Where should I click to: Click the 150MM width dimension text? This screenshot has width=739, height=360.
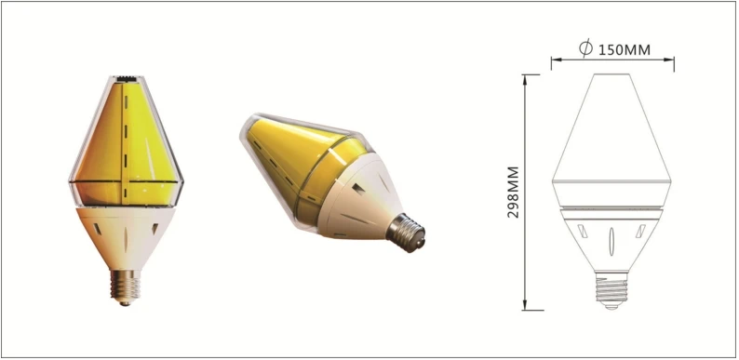(x=625, y=49)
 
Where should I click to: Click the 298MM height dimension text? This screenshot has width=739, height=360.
(x=513, y=192)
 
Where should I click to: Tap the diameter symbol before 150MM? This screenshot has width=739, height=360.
(x=585, y=48)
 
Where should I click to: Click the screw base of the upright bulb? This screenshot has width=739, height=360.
(x=125, y=287)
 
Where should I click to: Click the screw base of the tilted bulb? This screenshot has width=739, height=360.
(x=406, y=232)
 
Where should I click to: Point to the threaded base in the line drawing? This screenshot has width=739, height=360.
(x=611, y=291)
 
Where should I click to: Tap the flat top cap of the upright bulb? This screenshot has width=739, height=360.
(x=126, y=78)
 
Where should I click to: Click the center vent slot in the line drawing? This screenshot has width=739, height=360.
(x=611, y=241)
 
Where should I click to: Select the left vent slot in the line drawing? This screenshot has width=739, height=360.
(x=583, y=232)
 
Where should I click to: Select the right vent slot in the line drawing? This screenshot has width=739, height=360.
(x=640, y=231)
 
